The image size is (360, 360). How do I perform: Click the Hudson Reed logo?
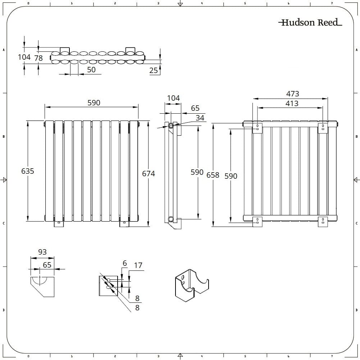tap(310, 23)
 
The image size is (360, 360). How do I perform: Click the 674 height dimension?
tap(149, 174)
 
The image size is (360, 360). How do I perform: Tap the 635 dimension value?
tap(28, 171)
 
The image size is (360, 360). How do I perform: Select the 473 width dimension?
tap(293, 94)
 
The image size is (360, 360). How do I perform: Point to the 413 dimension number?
tap(292, 104)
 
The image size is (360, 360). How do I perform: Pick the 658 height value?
tap(213, 175)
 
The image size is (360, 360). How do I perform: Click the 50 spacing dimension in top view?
tap(91, 70)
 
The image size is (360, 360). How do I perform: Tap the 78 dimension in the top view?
tap(38, 58)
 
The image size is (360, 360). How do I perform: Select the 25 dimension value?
tap(154, 70)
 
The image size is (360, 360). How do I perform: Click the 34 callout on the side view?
tap(200, 118)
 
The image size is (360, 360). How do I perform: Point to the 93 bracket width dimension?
tap(42, 252)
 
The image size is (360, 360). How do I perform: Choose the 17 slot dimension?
tap(138, 266)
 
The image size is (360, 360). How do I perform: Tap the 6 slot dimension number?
tap(125, 264)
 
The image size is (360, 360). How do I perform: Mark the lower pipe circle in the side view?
tap(170, 219)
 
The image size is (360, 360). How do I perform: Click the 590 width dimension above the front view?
tap(94, 103)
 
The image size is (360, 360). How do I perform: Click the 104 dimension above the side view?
tap(173, 98)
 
